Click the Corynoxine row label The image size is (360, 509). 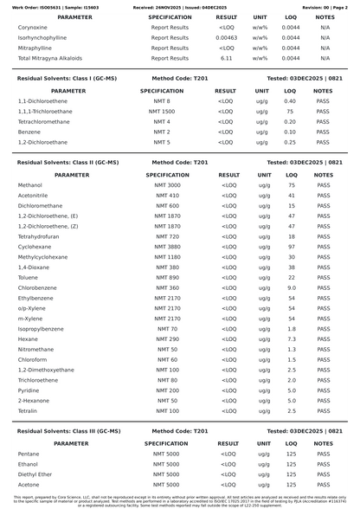click(x=32, y=28)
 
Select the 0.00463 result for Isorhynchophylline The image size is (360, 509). click(x=227, y=38)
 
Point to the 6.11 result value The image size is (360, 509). click(x=227, y=58)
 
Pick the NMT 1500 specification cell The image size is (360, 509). click(x=162, y=112)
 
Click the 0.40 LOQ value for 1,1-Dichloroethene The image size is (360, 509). click(x=290, y=101)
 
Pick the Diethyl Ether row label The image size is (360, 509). click(x=35, y=474)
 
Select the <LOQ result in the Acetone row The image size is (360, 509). click(x=228, y=484)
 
